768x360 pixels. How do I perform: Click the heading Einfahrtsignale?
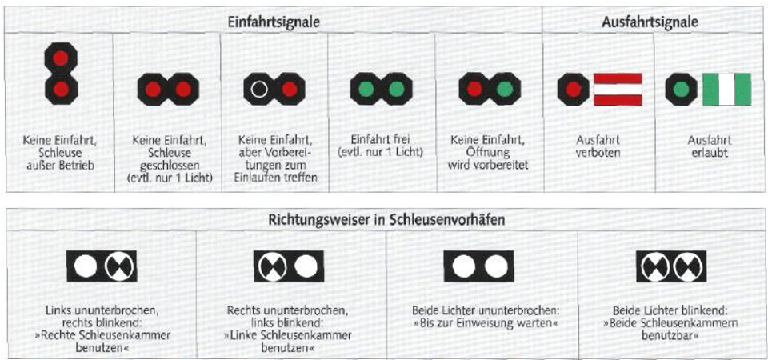(274, 22)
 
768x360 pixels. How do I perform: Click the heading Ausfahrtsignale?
(649, 22)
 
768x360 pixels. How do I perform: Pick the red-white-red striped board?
(618, 90)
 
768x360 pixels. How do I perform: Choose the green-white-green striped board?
(726, 90)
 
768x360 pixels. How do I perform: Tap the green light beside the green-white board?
(680, 90)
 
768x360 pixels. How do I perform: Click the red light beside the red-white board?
(573, 90)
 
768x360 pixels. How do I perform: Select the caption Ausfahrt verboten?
(598, 146)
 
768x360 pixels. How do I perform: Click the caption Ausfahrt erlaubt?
(707, 146)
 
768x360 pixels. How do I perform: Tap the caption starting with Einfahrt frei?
(381, 146)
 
